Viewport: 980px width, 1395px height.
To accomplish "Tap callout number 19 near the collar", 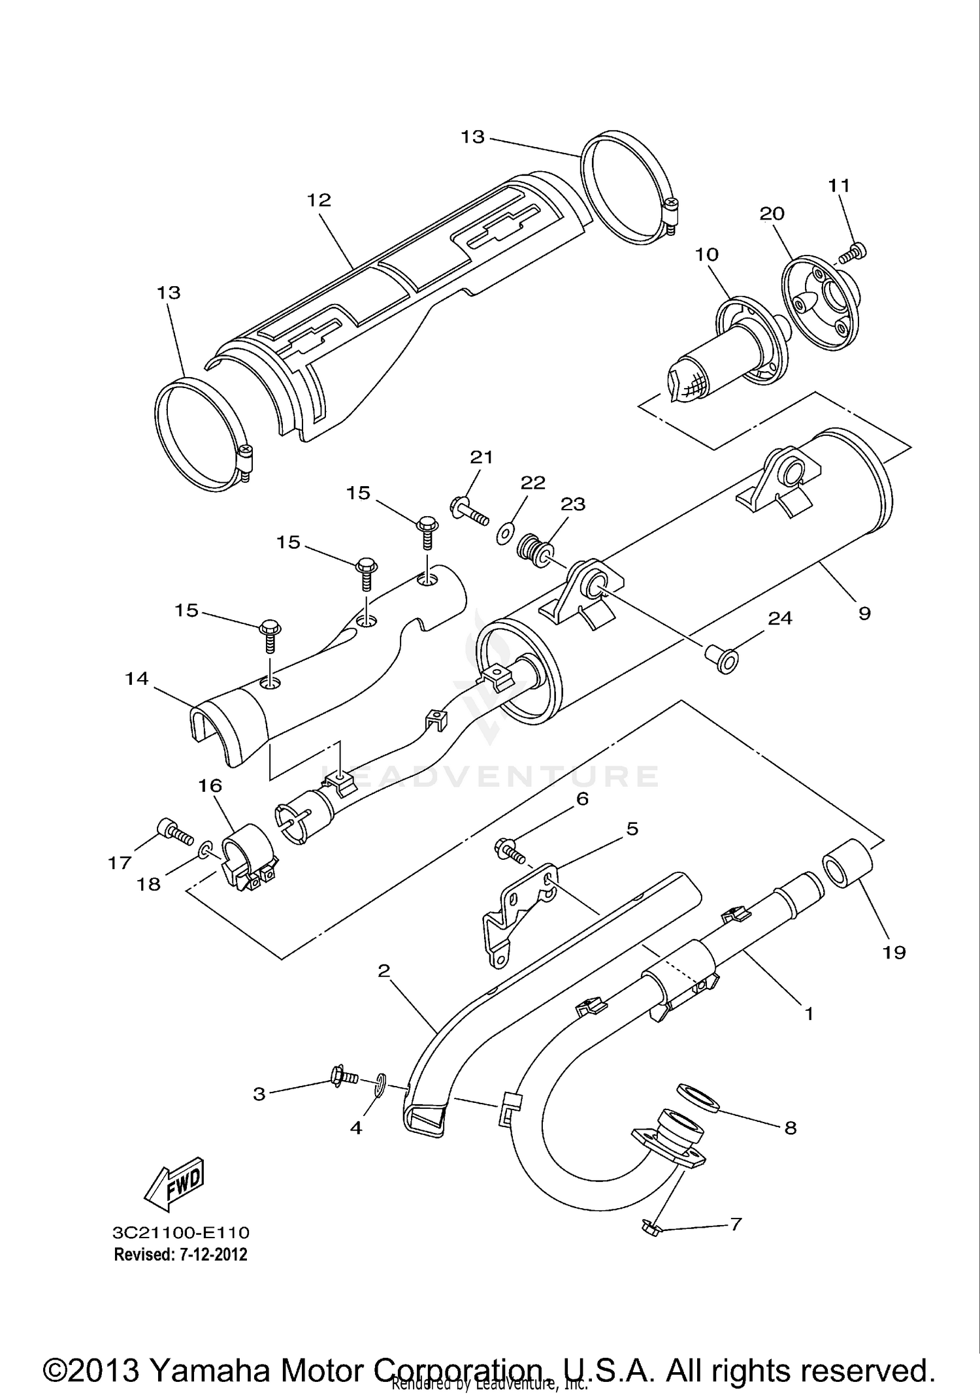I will pyautogui.click(x=894, y=953).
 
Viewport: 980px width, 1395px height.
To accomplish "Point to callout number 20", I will pyautogui.click(x=772, y=214).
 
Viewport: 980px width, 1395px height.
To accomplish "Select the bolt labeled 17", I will pyautogui.click(x=172, y=832).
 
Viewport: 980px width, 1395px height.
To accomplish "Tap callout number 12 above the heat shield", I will pyautogui.click(x=319, y=200).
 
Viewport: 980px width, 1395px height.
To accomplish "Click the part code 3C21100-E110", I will pyautogui.click(x=181, y=1232).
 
